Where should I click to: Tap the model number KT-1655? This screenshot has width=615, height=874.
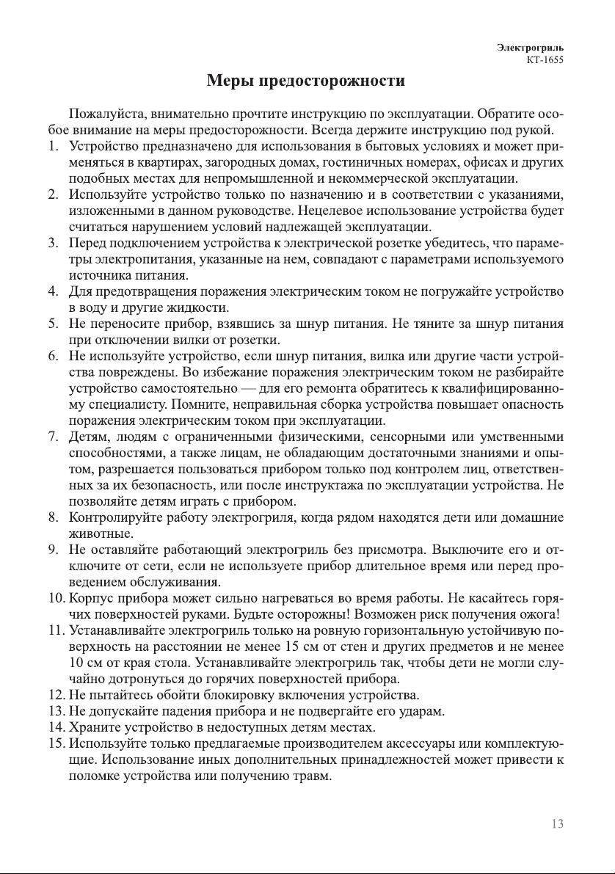544,60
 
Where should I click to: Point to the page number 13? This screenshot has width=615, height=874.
557,823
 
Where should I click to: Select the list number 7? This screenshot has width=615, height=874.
54,437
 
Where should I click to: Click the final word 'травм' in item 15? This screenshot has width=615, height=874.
314,776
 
